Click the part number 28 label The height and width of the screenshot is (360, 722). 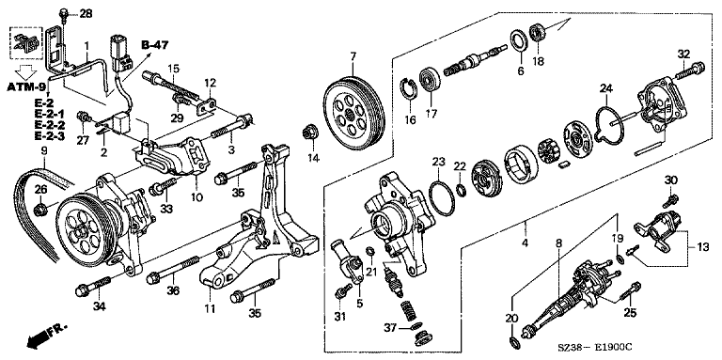click(x=86, y=14)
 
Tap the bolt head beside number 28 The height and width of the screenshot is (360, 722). click(x=64, y=13)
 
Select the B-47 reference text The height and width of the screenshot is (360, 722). click(x=155, y=45)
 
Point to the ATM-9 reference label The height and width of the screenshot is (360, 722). click(x=25, y=86)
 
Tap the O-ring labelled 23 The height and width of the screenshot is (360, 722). click(x=441, y=198)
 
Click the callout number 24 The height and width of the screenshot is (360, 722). click(x=606, y=88)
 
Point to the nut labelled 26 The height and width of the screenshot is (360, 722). click(x=40, y=210)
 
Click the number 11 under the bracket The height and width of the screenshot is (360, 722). click(x=210, y=309)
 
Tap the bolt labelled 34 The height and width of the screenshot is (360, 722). click(x=93, y=286)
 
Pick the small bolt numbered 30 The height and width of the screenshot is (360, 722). click(x=670, y=201)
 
